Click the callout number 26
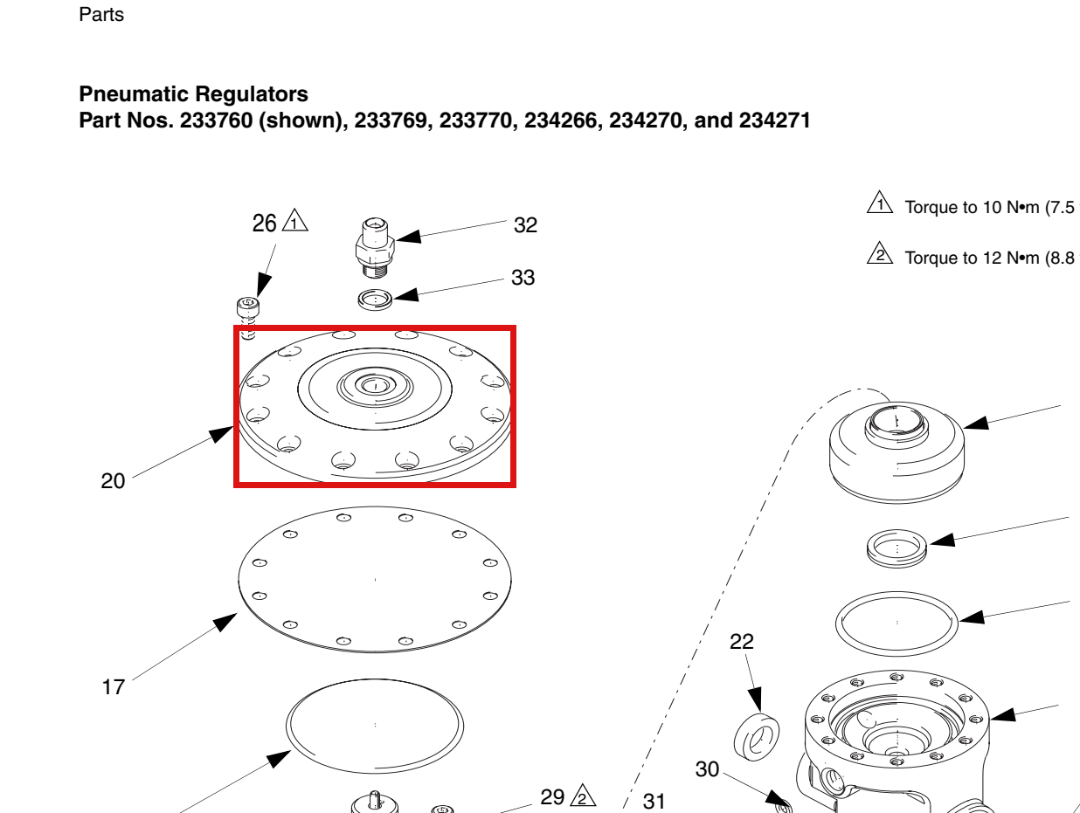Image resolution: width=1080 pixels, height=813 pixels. click(264, 224)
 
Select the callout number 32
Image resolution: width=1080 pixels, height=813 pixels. click(525, 225)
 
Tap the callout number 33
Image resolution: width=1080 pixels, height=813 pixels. click(523, 277)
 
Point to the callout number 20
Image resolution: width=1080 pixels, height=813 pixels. click(113, 480)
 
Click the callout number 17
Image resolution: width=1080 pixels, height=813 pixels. click(113, 686)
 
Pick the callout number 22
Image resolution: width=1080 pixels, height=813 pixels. click(742, 642)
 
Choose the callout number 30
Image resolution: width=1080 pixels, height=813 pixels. click(707, 769)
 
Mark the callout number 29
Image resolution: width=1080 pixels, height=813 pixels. click(552, 797)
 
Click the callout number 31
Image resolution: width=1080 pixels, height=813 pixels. click(654, 802)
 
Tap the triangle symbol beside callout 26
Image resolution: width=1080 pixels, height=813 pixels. click(294, 221)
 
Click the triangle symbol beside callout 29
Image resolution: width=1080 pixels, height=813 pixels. click(583, 796)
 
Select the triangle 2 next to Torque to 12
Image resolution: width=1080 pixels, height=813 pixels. click(880, 253)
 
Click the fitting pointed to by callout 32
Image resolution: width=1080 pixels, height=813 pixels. click(375, 247)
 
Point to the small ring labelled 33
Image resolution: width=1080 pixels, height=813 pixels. click(375, 300)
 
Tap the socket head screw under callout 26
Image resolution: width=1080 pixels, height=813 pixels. click(248, 318)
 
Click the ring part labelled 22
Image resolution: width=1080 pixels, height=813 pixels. click(756, 737)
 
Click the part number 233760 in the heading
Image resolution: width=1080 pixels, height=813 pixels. click(217, 121)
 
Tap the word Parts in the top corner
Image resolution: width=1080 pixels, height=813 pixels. click(101, 15)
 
